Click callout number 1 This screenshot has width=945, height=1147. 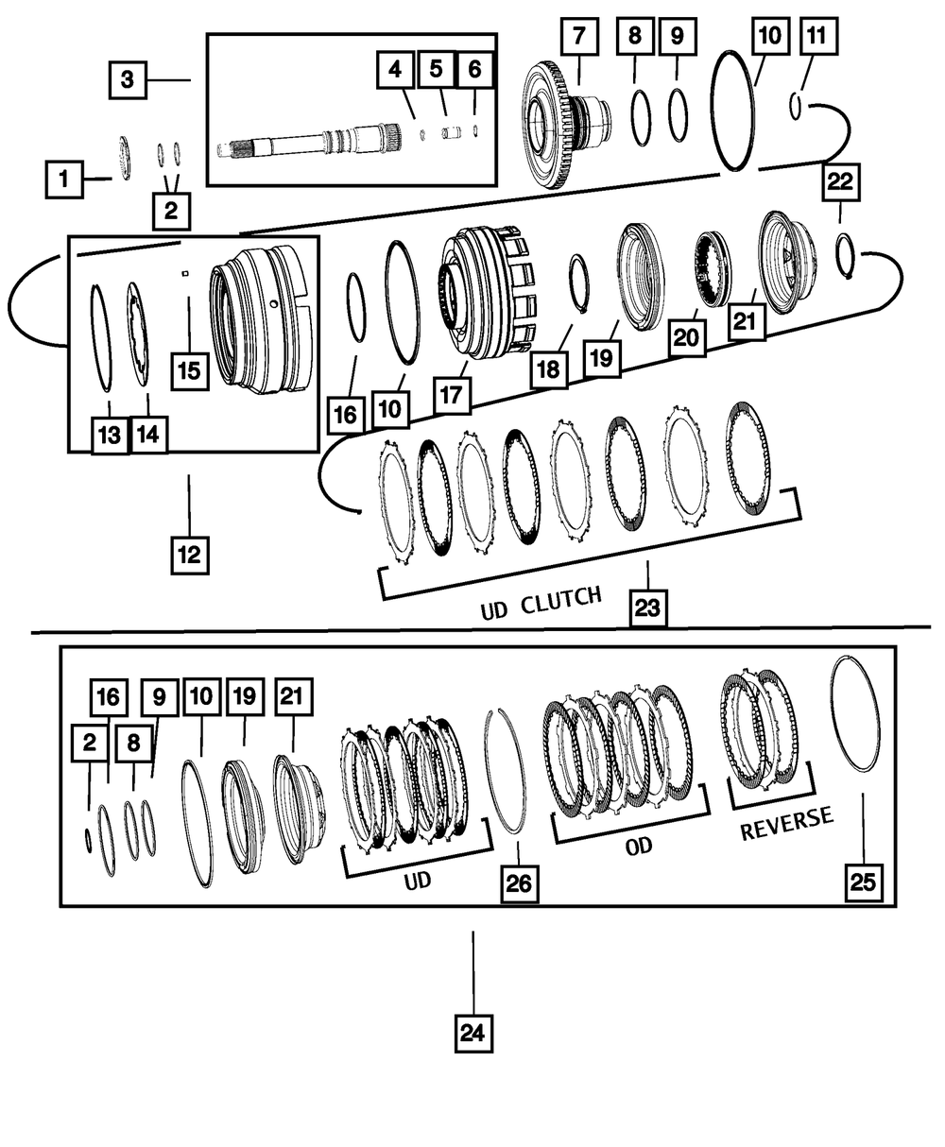tap(64, 178)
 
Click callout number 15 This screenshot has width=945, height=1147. tap(189, 370)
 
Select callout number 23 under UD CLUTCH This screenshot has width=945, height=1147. tap(647, 608)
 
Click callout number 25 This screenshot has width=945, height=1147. tap(863, 882)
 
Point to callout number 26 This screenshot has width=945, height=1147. tap(519, 883)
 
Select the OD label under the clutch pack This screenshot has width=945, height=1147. tap(640, 846)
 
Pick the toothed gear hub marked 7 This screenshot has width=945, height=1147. tap(558, 123)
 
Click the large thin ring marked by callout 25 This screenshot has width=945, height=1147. tap(855, 713)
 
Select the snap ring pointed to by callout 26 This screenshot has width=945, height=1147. tap(505, 770)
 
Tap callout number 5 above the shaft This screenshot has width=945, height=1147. tap(436, 68)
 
